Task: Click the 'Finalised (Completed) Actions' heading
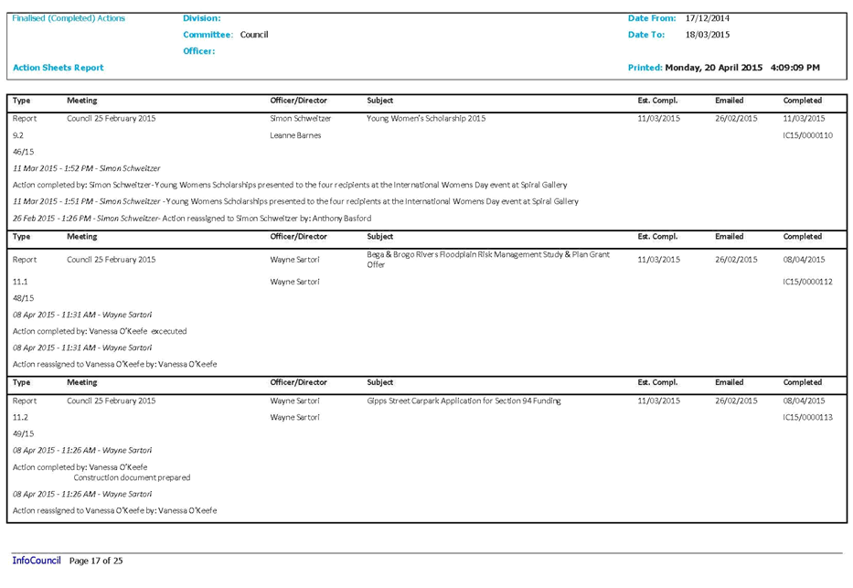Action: (x=69, y=19)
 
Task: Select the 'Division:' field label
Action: (x=201, y=19)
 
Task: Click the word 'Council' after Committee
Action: (x=253, y=35)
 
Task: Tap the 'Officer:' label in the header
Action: (x=198, y=52)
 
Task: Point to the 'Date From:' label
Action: (x=652, y=19)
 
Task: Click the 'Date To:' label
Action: (x=645, y=35)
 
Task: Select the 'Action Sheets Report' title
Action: (x=58, y=69)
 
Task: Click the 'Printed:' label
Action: (x=645, y=69)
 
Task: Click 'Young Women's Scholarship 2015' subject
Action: (x=426, y=119)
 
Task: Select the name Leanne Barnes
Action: (x=295, y=135)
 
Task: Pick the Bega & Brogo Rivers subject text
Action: (x=487, y=259)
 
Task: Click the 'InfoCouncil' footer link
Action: (x=36, y=561)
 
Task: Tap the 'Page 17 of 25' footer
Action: (x=96, y=561)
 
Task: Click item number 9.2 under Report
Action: (x=18, y=135)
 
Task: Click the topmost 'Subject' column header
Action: (x=379, y=101)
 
